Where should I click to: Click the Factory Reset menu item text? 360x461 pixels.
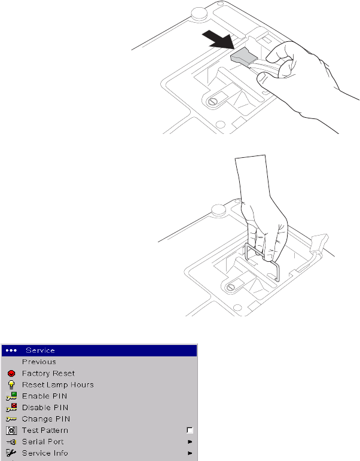coord(48,373)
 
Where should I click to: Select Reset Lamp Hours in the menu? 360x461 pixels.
coord(58,384)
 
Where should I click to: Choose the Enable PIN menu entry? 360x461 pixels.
coord(45,396)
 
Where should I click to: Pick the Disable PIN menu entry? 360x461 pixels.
coord(46,407)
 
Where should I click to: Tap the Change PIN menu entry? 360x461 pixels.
coord(46,419)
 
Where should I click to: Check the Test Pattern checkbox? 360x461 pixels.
coord(190,430)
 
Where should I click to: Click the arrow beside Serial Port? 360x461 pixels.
coord(190,441)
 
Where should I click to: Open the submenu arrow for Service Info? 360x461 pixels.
coord(190,453)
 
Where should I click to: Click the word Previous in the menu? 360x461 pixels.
coord(39,362)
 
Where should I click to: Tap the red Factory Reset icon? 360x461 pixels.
coord(11,373)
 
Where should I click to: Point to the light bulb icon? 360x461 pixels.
coord(11,384)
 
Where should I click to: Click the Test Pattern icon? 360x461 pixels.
coord(11,430)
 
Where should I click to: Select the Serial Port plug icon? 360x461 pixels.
coord(11,441)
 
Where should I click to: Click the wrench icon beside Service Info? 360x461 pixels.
coord(11,453)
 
